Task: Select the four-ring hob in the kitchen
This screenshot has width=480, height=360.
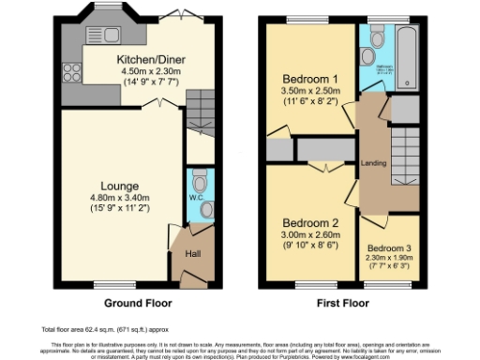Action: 70,73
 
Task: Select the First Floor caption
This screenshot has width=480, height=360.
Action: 341,303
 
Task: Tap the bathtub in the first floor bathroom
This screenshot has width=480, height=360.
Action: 406,47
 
